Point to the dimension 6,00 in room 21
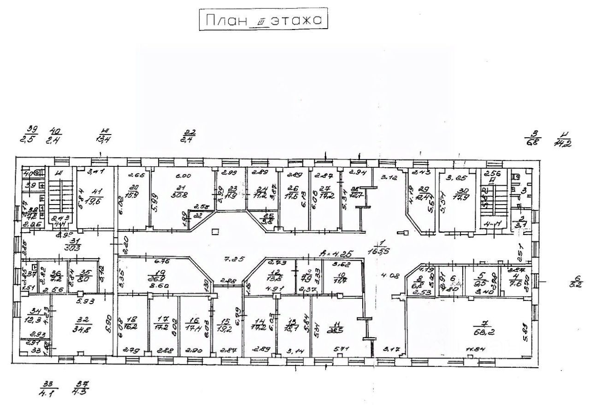click(x=183, y=176)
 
